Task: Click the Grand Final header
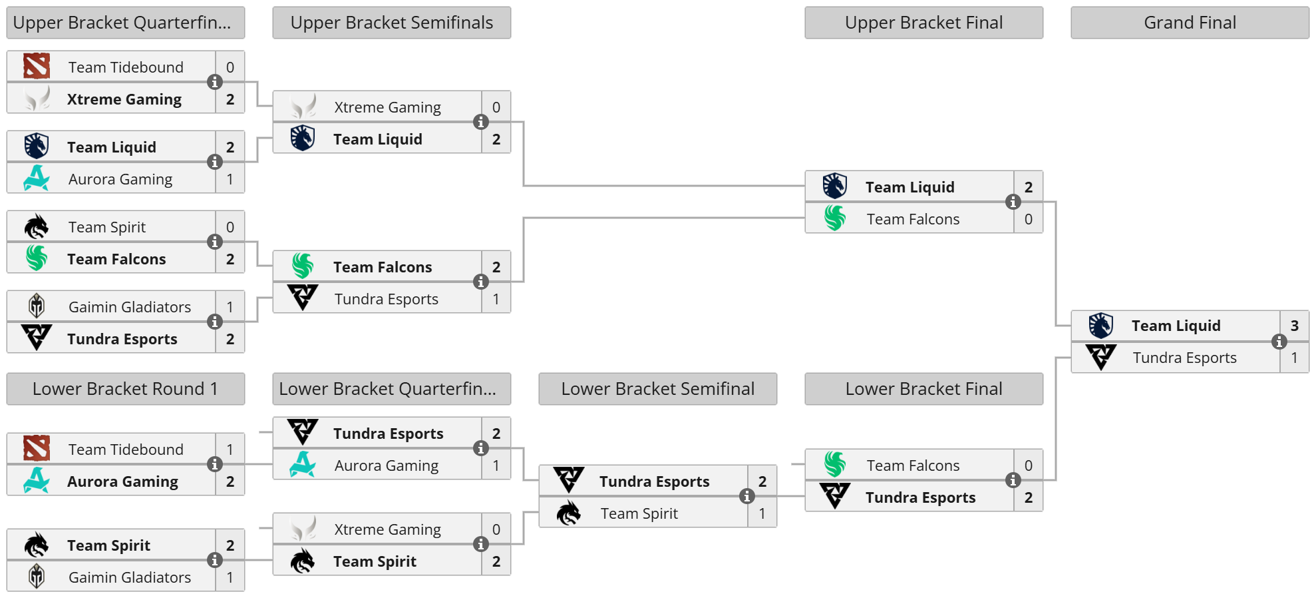pos(1190,23)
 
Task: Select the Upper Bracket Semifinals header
pos(391,23)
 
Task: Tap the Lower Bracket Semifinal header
pos(657,389)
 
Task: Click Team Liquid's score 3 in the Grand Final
pos(1294,326)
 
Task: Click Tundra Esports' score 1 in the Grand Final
pos(1294,358)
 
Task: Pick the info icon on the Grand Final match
pos(1279,342)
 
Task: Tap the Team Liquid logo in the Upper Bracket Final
pos(835,186)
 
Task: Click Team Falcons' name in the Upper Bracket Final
pos(913,219)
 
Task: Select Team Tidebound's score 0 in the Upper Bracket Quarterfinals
pos(230,67)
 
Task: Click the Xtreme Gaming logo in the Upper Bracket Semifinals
pos(303,107)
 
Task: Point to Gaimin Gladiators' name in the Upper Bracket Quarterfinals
pos(130,307)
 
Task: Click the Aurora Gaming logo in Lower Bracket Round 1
pos(37,480)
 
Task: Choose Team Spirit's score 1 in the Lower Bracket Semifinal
pos(762,513)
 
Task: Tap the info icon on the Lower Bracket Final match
pos(1013,480)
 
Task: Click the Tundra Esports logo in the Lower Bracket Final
pos(835,496)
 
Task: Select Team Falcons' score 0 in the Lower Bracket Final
pos(1028,465)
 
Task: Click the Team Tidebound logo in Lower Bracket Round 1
pos(37,449)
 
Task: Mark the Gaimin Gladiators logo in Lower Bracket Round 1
pos(37,576)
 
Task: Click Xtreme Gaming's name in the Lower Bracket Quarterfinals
pos(387,529)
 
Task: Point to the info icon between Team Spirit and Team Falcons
pos(214,242)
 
